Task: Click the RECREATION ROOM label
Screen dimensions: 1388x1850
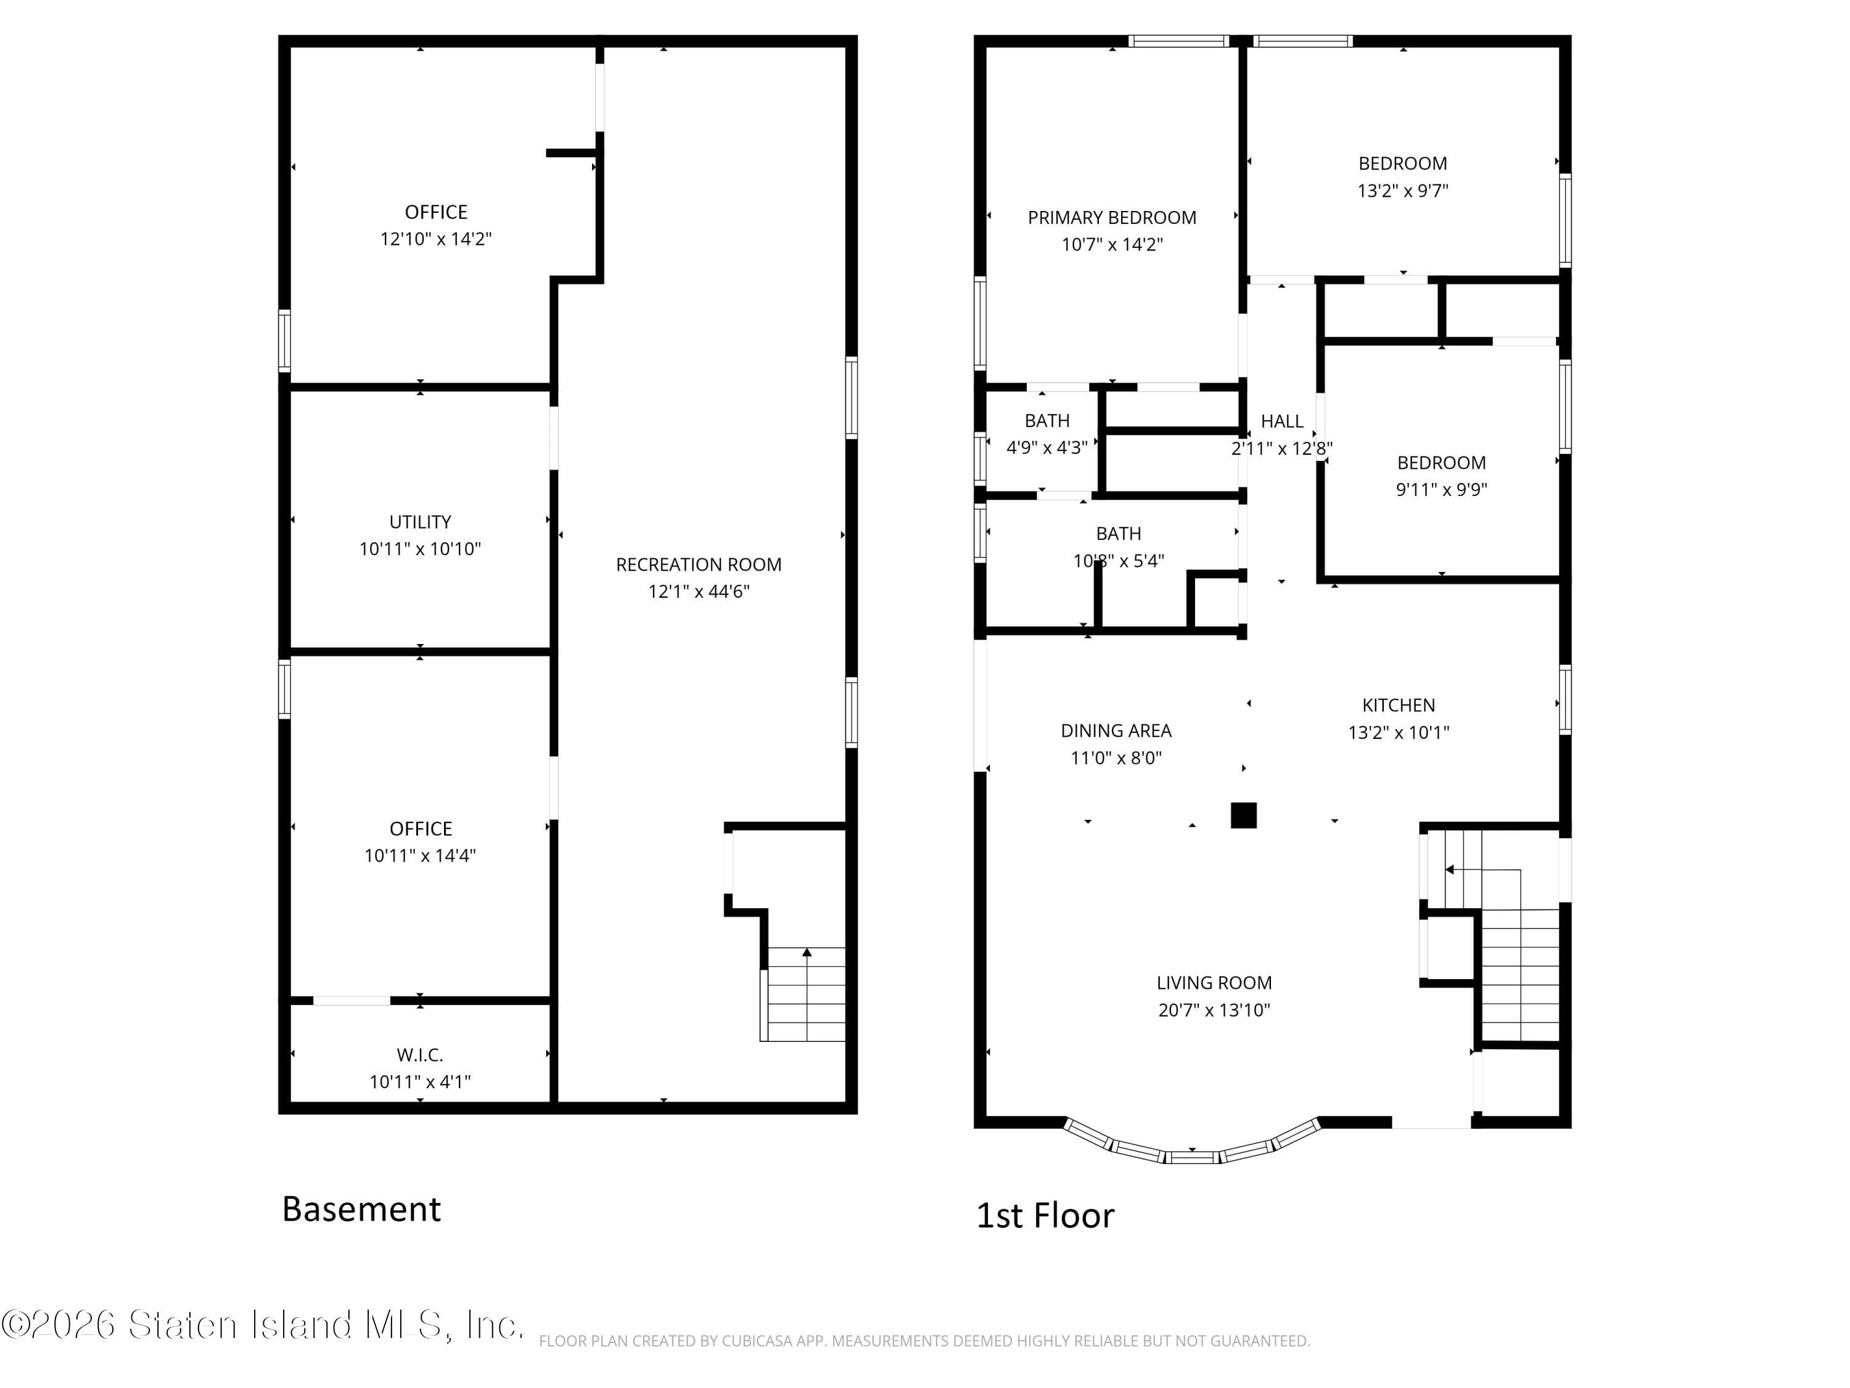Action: pos(698,564)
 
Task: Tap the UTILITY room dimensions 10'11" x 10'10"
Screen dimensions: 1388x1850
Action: pos(420,549)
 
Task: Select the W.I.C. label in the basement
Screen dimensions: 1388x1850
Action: pos(420,1055)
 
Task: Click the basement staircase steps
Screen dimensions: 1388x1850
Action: pos(805,995)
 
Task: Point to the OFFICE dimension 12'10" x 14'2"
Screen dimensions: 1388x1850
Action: pos(436,239)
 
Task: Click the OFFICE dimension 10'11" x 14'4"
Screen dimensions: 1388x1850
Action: pos(420,855)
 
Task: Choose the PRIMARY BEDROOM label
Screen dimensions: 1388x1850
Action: pos(1111,218)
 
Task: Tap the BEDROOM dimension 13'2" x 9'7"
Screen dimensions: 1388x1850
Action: pos(1402,191)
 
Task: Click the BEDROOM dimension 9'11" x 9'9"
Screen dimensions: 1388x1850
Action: pos(1441,489)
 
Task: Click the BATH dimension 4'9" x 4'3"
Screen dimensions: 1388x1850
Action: pos(1046,448)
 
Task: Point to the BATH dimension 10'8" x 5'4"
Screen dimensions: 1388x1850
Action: pos(1118,561)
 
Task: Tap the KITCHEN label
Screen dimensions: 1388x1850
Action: pos(1399,705)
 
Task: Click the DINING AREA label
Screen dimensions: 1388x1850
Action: pos(1116,730)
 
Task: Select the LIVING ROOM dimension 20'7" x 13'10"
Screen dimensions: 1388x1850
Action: pos(1214,1010)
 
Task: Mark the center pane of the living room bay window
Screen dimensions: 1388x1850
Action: pos(1192,1158)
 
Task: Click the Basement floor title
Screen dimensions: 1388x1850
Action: pos(361,1209)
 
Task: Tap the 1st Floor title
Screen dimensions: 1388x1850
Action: pos(1045,1216)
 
